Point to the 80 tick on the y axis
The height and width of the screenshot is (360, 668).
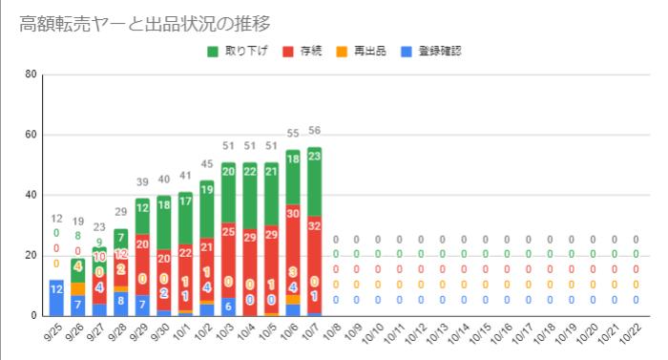coord(31,74)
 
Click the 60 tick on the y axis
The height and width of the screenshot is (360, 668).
coord(31,135)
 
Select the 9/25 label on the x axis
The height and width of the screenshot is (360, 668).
coord(52,333)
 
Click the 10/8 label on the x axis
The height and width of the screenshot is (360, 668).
coord(332,333)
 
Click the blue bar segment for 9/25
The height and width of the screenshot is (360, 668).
coord(56,297)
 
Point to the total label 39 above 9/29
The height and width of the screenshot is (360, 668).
coord(142,182)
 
